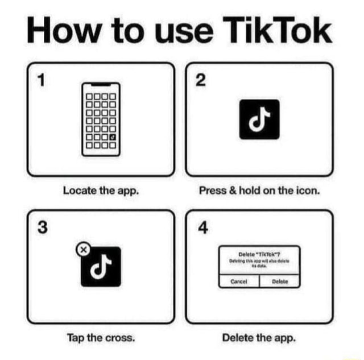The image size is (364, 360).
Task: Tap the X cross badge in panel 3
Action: pyautogui.click(x=83, y=249)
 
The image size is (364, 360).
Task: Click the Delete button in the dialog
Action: pyautogui.click(x=279, y=280)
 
